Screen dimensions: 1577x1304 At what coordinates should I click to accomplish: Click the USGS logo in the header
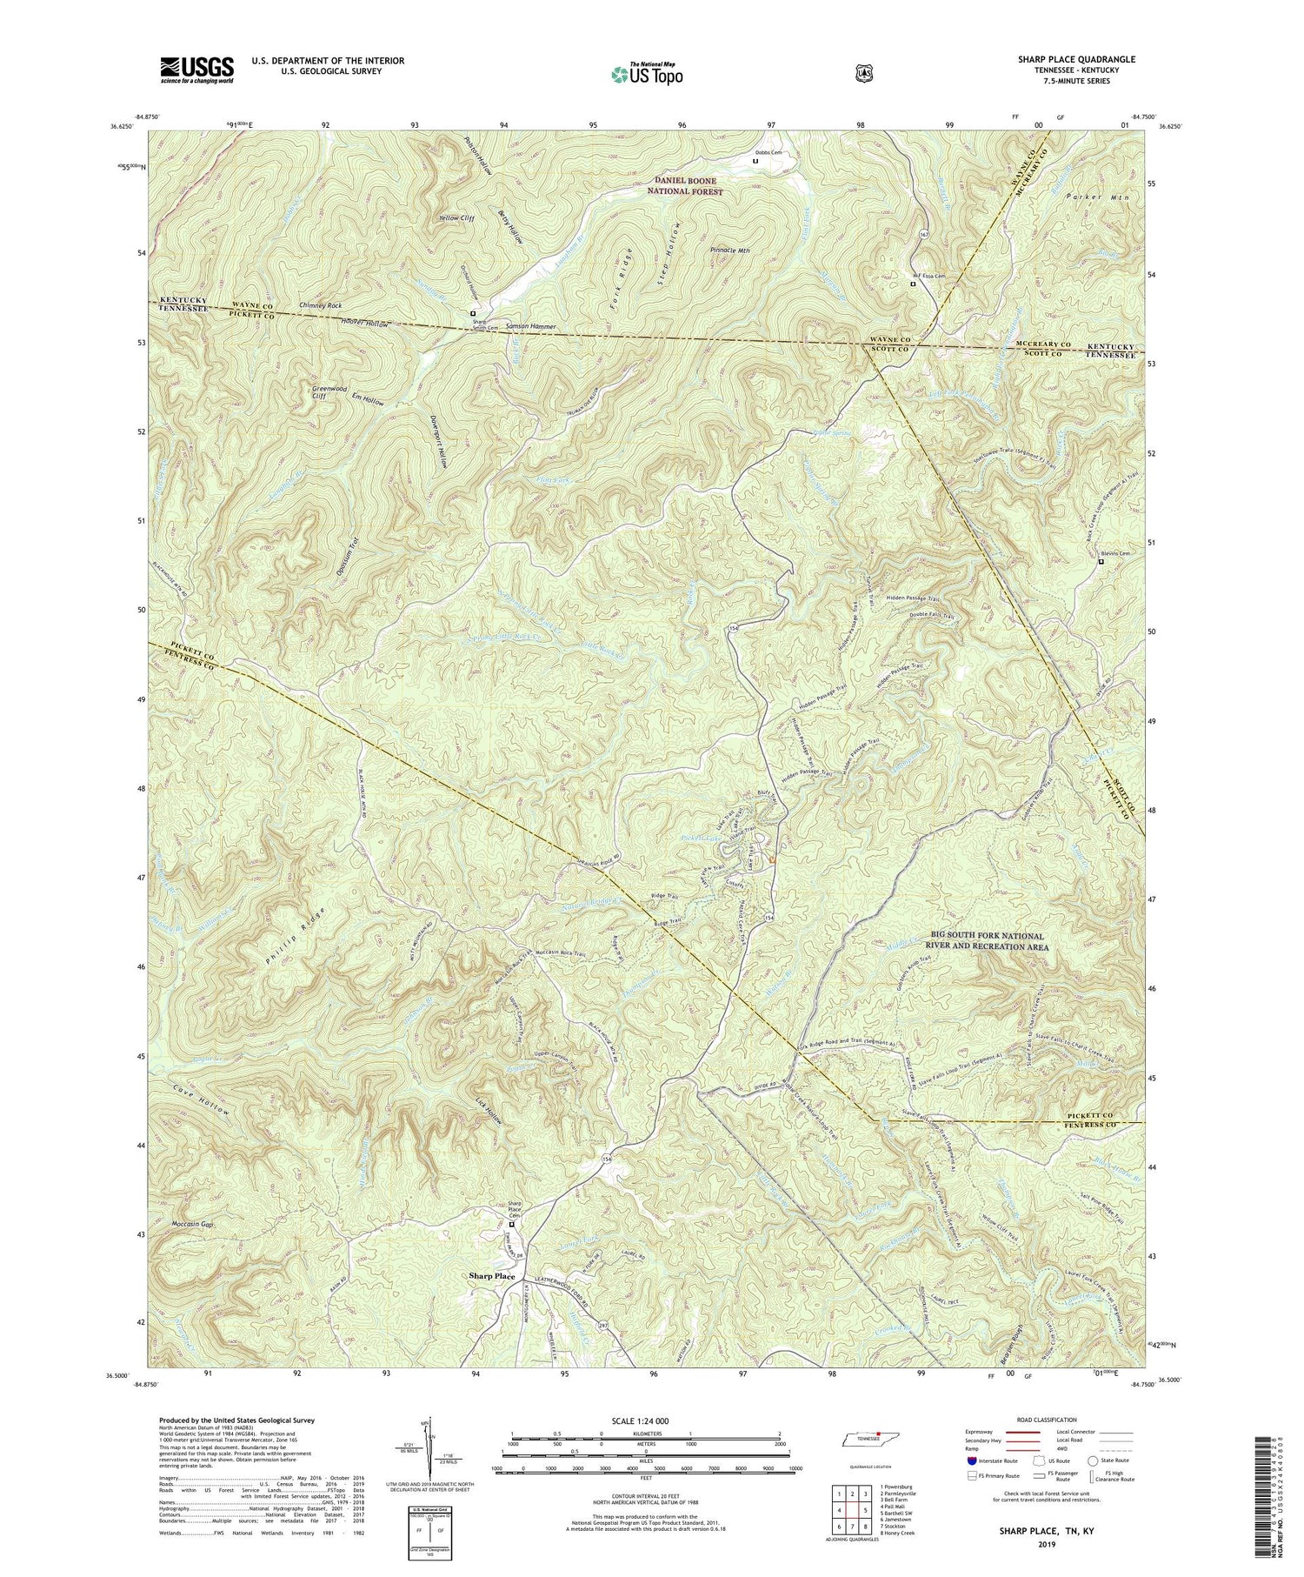196,70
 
